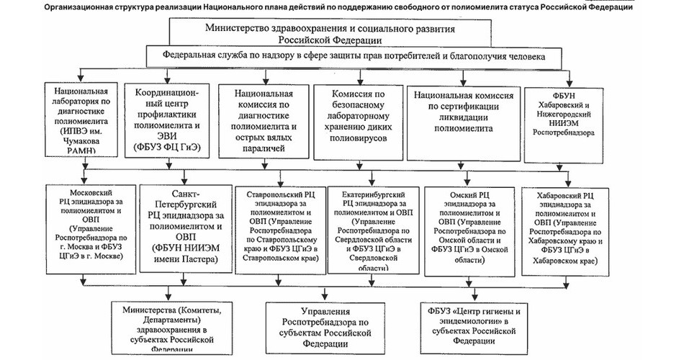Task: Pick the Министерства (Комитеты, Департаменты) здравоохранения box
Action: point(168,328)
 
